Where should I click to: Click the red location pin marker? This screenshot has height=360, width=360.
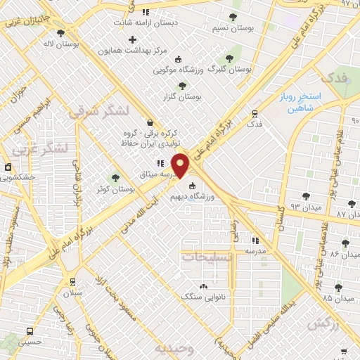pos(181,165)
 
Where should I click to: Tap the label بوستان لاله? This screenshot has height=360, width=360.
pos(77,43)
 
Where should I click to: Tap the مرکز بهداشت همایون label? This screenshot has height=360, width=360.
pos(132,51)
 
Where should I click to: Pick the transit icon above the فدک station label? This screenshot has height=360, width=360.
pos(255,112)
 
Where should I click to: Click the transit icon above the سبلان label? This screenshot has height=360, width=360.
pos(72,281)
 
